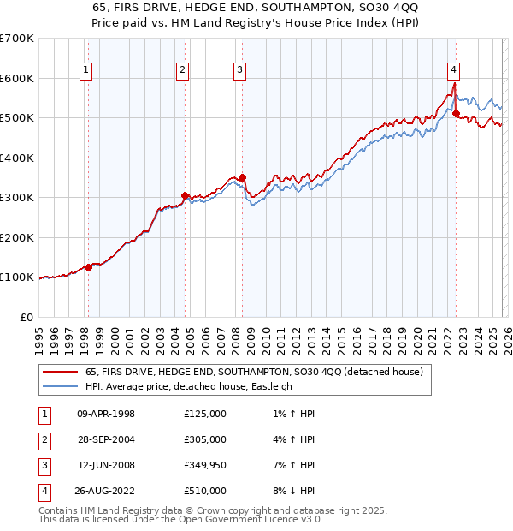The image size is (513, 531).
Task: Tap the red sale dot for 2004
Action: click(x=186, y=196)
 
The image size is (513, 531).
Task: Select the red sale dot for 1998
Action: click(x=88, y=267)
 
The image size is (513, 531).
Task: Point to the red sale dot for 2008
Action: click(x=242, y=178)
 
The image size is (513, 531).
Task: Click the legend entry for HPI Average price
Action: click(x=189, y=386)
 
